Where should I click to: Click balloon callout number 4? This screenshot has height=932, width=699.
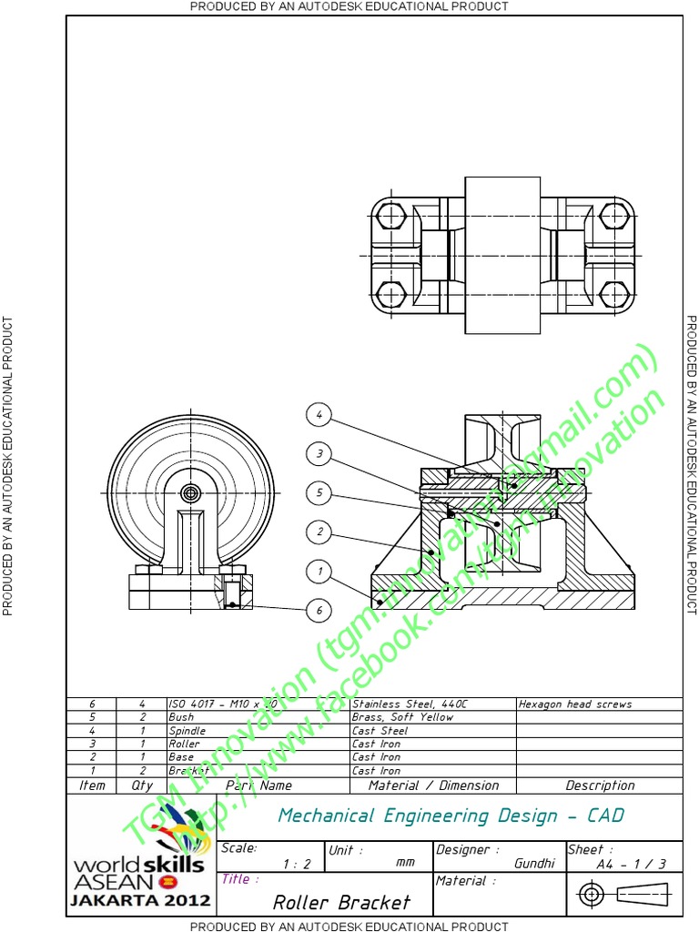pyautogui.click(x=319, y=415)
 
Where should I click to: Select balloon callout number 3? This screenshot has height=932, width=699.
pyautogui.click(x=319, y=453)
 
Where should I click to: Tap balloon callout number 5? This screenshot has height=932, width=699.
pyautogui.click(x=319, y=493)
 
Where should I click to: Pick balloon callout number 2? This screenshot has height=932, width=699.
pyautogui.click(x=319, y=532)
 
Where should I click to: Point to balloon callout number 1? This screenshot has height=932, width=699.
pyautogui.click(x=319, y=572)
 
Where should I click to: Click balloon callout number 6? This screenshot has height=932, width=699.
pyautogui.click(x=319, y=610)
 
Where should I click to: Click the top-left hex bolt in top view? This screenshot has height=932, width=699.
pyautogui.click(x=390, y=217)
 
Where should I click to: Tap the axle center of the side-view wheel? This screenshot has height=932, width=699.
pyautogui.click(x=190, y=492)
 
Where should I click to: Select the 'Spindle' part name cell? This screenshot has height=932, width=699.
pyautogui.click(x=187, y=731)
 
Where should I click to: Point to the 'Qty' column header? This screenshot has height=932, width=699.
pyautogui.click(x=142, y=785)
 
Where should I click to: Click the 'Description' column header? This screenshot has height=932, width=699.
pyautogui.click(x=600, y=785)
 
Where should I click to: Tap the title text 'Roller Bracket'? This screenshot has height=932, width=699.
pyautogui.click(x=341, y=902)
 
